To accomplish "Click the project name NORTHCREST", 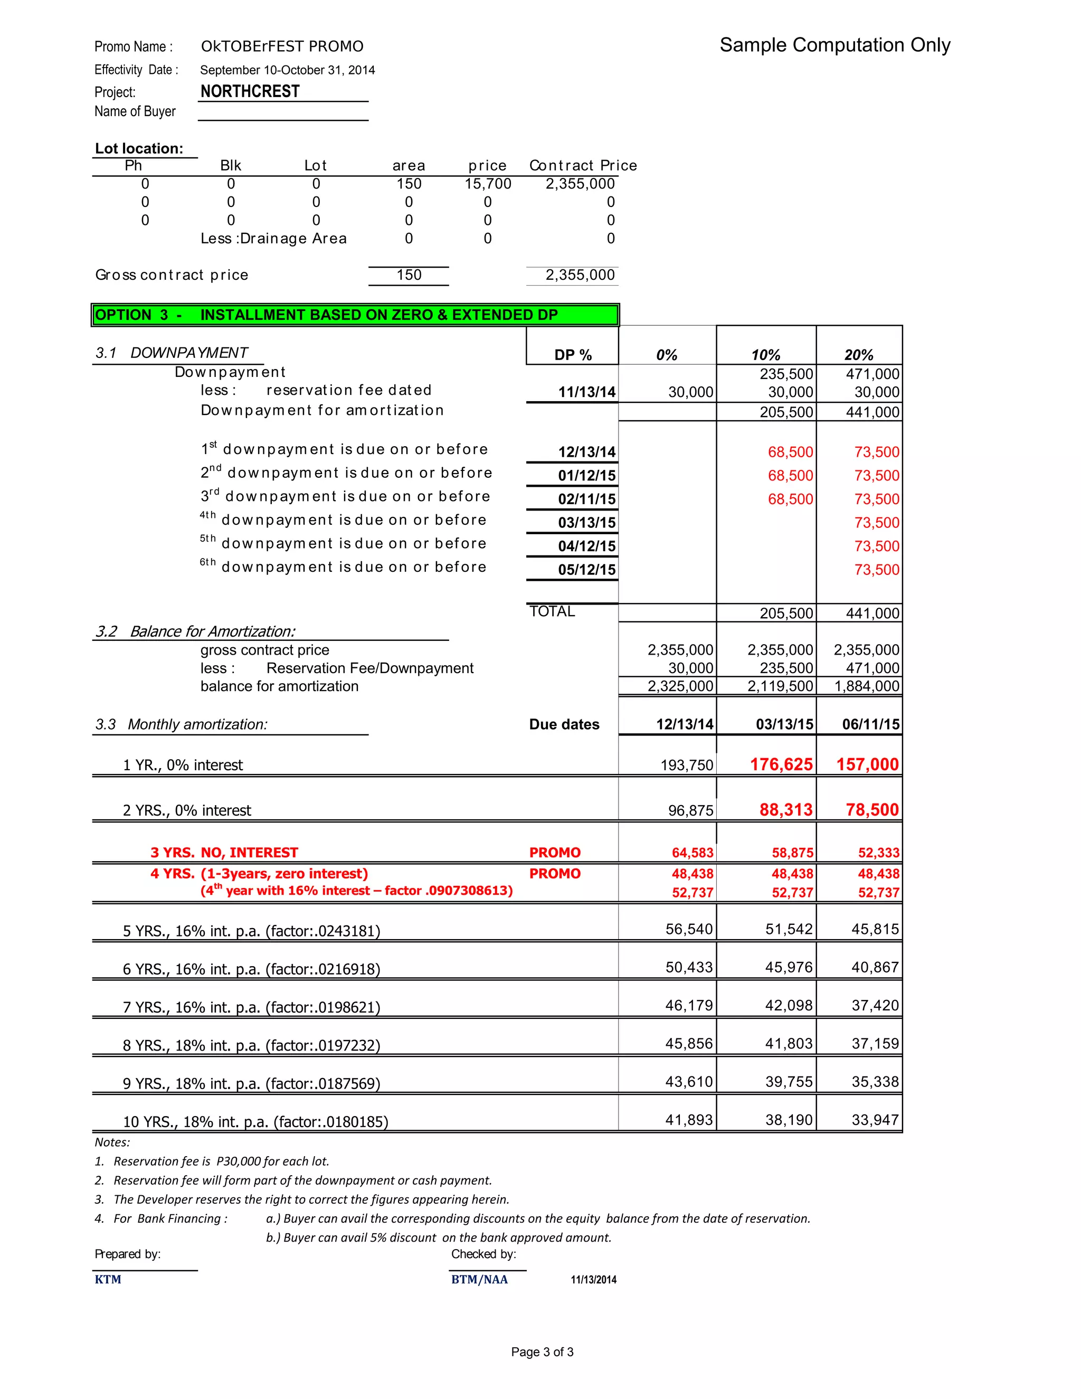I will [250, 92].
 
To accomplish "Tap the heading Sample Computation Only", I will [835, 45].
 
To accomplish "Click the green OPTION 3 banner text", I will [327, 315].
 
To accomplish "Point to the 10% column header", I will [765, 355].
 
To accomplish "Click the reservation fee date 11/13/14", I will [586, 392].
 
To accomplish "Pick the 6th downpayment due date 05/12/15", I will [586, 570].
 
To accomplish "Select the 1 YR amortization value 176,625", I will [781, 764].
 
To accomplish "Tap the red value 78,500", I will [871, 810].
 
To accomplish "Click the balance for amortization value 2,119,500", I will [780, 686].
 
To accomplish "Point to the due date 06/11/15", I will [870, 724].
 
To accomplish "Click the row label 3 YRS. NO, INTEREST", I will [224, 853].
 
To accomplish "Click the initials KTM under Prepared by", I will [108, 1279].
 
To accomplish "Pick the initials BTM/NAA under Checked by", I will [479, 1279].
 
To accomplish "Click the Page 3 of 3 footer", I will [542, 1351].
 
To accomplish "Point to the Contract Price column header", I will [583, 165].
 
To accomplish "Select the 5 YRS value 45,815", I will [875, 929].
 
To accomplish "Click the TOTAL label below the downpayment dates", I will [552, 612].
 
